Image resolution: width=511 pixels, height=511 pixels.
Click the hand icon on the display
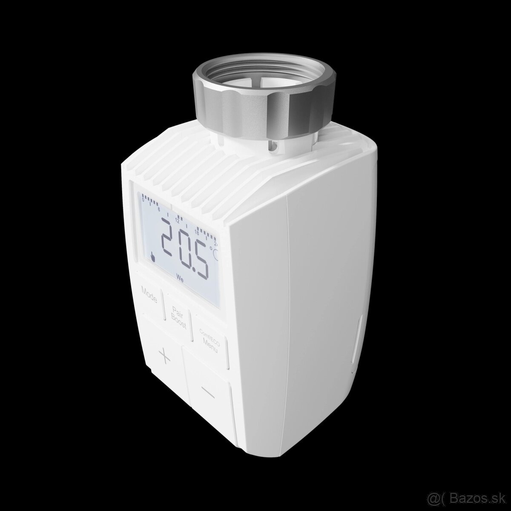152,257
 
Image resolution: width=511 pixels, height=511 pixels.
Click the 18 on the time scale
197,232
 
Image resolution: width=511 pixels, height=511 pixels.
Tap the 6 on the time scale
159,209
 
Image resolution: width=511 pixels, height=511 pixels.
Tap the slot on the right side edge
356,341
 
